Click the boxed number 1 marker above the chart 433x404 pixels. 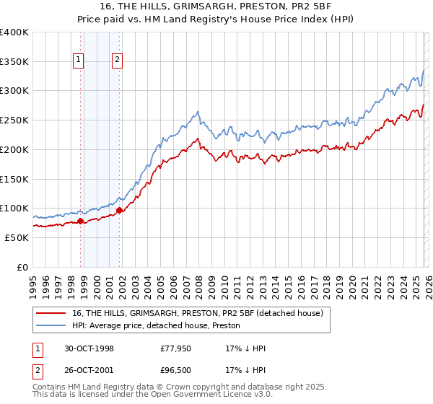78,61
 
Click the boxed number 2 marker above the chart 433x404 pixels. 116,61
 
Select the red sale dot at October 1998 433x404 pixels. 81,221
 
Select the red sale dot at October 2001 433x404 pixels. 119,211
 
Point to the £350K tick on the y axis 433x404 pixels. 14,62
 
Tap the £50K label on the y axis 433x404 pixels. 17,237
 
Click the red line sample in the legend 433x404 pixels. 52,312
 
